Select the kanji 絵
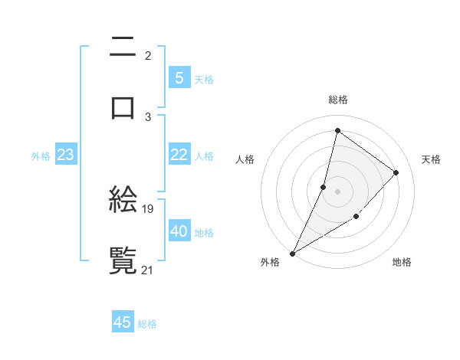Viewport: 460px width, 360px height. (123, 201)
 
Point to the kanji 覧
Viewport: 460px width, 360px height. (123, 260)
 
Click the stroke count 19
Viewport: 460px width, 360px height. (149, 208)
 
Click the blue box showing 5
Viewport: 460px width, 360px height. (179, 78)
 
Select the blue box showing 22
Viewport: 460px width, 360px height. (179, 155)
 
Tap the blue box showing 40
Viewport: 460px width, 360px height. (179, 231)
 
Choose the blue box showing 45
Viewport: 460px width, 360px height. (123, 322)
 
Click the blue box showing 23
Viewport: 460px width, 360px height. (65, 155)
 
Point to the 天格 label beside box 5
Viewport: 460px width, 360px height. (204, 80)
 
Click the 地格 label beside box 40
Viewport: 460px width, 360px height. (204, 233)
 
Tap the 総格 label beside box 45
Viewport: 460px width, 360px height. (147, 324)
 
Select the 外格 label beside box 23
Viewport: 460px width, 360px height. (41, 156)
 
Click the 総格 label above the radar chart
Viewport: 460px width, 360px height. (337, 100)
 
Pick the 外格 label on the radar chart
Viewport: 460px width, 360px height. (270, 262)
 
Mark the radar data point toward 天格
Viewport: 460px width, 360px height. (396, 172)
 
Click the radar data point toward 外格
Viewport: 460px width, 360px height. (292, 254)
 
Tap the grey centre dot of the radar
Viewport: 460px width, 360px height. (337, 191)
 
